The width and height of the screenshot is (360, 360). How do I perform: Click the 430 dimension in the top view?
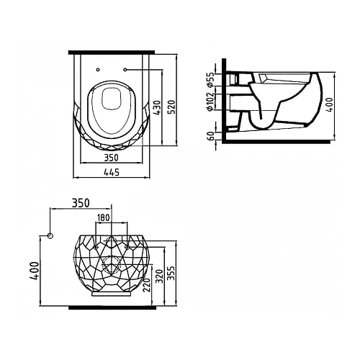[x=157, y=108]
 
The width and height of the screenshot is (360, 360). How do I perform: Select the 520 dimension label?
[x=172, y=107]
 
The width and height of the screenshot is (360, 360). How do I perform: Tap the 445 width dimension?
[x=112, y=172]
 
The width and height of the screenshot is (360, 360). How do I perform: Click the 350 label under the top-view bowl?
[x=112, y=158]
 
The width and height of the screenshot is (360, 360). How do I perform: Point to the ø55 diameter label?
[x=210, y=79]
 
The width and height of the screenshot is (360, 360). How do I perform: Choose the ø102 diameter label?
[x=210, y=102]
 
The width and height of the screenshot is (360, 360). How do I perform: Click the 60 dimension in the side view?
[x=211, y=136]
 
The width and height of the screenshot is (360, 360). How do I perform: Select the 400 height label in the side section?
[x=330, y=104]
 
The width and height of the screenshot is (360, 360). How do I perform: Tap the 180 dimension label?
[x=104, y=217]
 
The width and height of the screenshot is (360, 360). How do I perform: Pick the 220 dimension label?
[x=147, y=285]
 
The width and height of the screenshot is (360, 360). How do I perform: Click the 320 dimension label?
[x=160, y=276]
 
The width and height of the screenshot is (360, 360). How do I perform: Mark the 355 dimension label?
[x=171, y=273]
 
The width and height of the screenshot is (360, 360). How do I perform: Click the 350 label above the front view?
[x=81, y=203]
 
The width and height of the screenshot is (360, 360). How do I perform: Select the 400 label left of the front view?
[x=34, y=271]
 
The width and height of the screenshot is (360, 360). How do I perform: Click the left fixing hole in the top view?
[x=98, y=70]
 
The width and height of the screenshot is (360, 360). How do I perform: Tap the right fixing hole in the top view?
[x=125, y=70]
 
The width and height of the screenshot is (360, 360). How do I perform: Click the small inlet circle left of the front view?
[x=50, y=235]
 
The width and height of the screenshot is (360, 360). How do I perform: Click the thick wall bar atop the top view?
[x=112, y=53]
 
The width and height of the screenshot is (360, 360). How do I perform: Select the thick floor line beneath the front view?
[x=112, y=307]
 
